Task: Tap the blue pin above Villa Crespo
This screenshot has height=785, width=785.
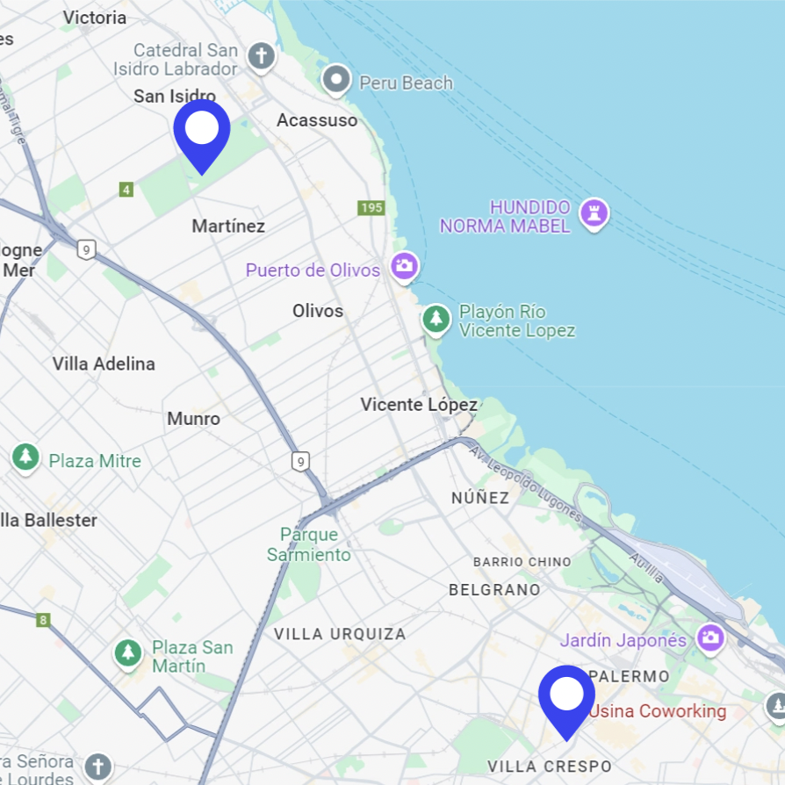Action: tap(566, 696)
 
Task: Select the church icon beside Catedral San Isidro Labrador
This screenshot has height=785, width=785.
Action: tap(260, 57)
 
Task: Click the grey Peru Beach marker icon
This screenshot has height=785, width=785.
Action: tap(336, 81)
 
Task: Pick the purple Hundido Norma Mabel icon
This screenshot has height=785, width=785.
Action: tap(594, 213)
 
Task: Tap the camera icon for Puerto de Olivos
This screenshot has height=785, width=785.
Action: tap(404, 266)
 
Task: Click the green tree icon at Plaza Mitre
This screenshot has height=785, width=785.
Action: tap(25, 457)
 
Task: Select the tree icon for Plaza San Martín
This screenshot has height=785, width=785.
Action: tap(129, 653)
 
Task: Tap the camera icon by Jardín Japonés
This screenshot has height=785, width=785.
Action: tap(709, 637)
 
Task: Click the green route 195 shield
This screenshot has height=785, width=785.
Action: tap(371, 207)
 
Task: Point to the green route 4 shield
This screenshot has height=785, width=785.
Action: tap(126, 190)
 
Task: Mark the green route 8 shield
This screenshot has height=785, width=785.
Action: tap(43, 621)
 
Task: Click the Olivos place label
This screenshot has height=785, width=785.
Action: tap(318, 311)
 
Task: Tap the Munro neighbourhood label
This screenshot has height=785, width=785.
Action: tap(193, 419)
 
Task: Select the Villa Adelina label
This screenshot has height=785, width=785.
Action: tap(104, 364)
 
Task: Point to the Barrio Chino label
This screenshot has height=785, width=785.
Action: tap(522, 562)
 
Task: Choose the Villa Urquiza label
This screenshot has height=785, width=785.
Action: tap(340, 634)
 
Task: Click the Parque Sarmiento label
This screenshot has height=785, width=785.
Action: tap(309, 544)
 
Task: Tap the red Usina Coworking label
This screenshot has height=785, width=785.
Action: tap(658, 711)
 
